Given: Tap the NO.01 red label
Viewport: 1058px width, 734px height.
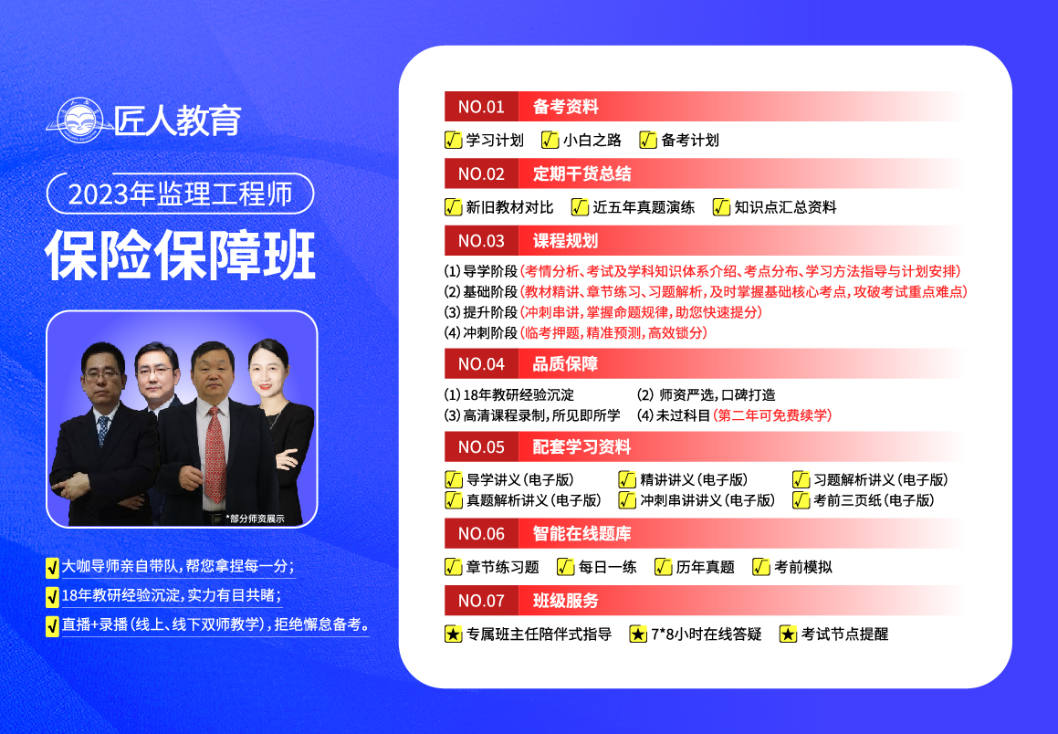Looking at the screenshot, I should pyautogui.click(x=481, y=107).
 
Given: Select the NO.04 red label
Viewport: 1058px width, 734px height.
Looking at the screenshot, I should pyautogui.click(x=481, y=364).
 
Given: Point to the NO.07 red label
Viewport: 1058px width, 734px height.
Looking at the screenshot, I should pyautogui.click(x=481, y=601).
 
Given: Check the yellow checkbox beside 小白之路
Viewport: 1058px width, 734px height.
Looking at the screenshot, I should pyautogui.click(x=550, y=140).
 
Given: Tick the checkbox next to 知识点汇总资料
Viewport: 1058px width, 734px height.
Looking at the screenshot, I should pyautogui.click(x=721, y=207).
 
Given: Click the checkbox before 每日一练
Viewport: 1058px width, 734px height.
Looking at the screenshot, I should pyautogui.click(x=565, y=567).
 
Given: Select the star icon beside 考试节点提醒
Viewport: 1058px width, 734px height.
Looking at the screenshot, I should pyautogui.click(x=788, y=634).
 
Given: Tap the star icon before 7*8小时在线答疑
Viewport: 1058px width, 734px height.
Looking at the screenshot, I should pyautogui.click(x=638, y=634).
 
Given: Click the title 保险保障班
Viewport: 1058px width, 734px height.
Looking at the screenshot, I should pyautogui.click(x=181, y=255).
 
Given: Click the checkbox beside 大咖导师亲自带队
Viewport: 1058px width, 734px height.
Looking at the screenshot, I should pyautogui.click(x=52, y=568).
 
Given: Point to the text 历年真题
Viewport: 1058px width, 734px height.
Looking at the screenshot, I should pyautogui.click(x=705, y=567).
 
